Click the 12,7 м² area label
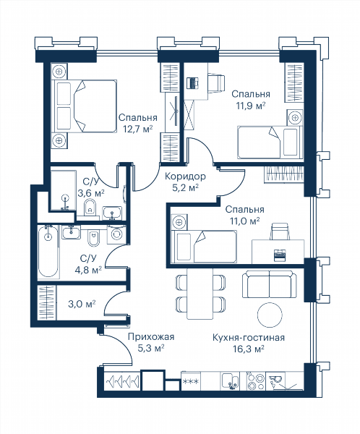(x=138, y=129)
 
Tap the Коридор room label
(x=185, y=176)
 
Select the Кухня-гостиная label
(x=249, y=337)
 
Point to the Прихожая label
(x=151, y=336)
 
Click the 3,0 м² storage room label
(x=82, y=305)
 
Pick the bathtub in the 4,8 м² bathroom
(x=48, y=252)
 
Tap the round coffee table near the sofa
(x=270, y=314)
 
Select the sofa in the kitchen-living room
(x=269, y=284)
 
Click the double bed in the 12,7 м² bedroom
(x=84, y=106)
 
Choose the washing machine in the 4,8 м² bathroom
(x=116, y=234)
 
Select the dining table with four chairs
(x=200, y=294)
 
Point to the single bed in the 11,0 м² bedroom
(x=204, y=247)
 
